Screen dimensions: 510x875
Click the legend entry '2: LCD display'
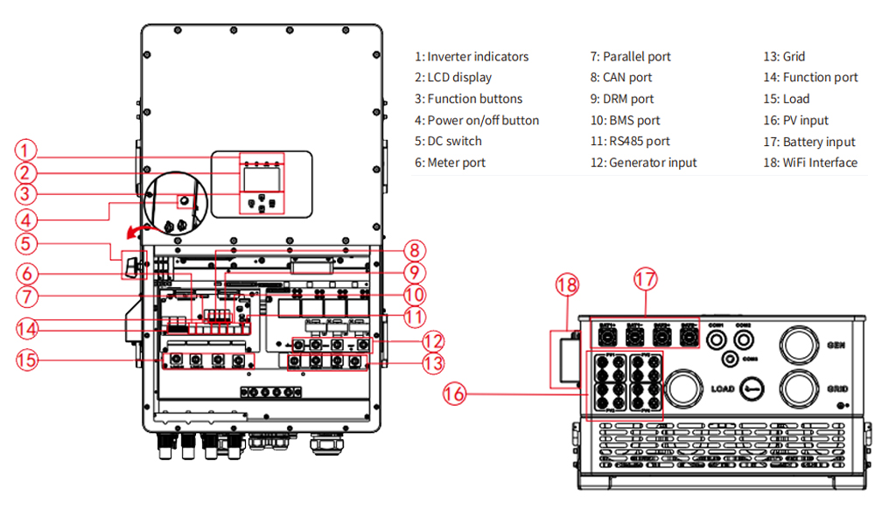(x=453, y=77)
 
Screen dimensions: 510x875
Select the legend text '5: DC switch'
(x=448, y=141)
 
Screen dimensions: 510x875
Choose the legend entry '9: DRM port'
(x=622, y=99)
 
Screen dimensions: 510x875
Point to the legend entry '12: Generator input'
(x=643, y=162)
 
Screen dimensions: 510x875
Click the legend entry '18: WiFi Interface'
(x=809, y=162)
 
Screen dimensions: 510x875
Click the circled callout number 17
(x=645, y=281)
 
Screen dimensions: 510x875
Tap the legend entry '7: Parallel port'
(x=630, y=56)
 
